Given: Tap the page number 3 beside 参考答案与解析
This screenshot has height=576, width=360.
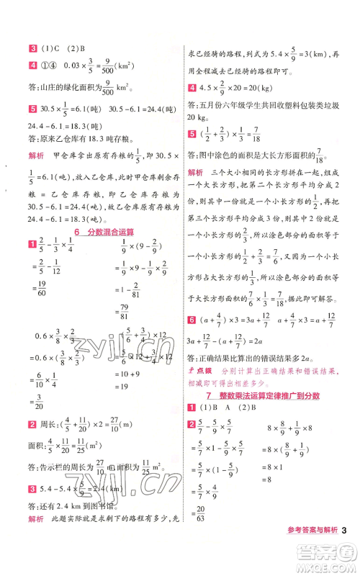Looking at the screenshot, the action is point(346,552).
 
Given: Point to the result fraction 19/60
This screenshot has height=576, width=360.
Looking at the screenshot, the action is point(37,291).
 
